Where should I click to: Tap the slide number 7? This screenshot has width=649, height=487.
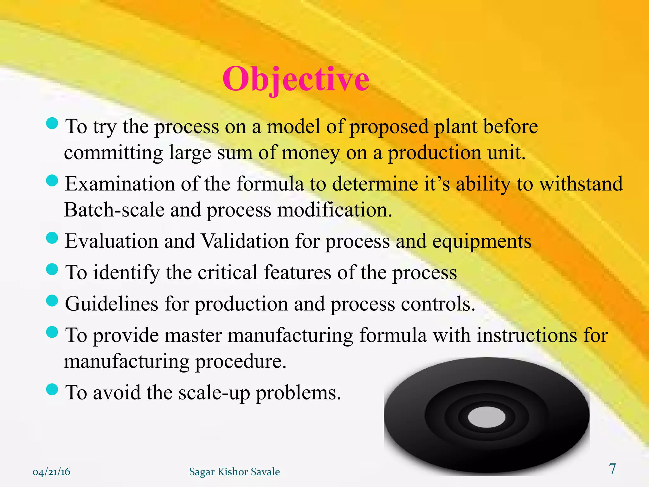click(613, 469)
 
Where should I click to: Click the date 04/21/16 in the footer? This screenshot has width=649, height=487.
click(51, 472)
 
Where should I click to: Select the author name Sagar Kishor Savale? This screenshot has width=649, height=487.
click(235, 472)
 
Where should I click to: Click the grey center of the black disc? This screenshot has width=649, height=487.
click(486, 417)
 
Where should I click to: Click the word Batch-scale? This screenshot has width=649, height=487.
click(114, 210)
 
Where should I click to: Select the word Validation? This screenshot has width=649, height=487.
click(245, 241)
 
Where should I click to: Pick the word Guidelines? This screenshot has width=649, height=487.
click(112, 303)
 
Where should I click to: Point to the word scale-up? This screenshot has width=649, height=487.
click(214, 393)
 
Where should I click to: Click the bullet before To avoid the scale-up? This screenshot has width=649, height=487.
click(52, 389)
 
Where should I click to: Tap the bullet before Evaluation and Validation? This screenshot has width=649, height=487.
click(52, 238)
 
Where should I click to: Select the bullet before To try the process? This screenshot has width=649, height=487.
click(52, 123)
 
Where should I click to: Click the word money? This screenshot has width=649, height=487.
click(311, 153)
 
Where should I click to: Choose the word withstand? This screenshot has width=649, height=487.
click(581, 184)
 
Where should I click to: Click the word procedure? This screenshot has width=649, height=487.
click(241, 361)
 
